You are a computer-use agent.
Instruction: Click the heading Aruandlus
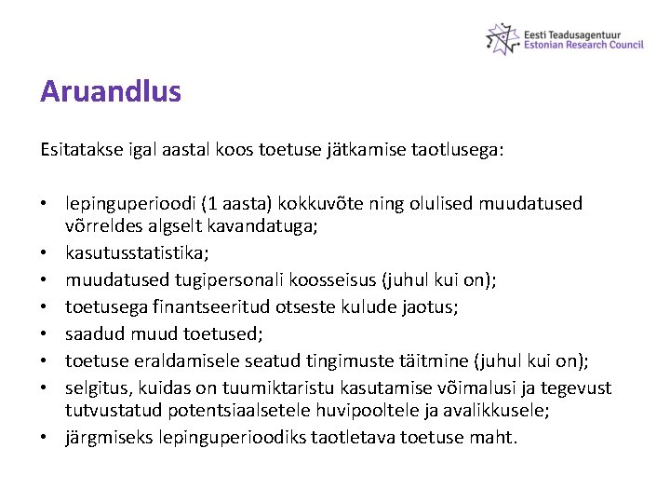pyautogui.click(x=111, y=92)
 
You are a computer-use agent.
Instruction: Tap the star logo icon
pyautogui.click(x=502, y=37)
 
